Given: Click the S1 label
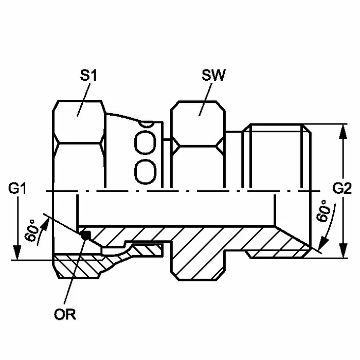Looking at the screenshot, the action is (x=88, y=75).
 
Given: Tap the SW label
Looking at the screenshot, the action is (x=213, y=75).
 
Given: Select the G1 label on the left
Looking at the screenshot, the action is (x=17, y=188).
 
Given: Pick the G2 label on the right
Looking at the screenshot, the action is (x=342, y=188).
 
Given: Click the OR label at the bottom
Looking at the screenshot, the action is (x=65, y=314).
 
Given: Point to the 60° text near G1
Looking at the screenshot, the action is (x=32, y=230).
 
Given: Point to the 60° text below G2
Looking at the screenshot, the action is (x=323, y=211).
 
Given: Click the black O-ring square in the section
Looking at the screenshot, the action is (x=86, y=235).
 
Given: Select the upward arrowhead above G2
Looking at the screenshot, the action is (x=343, y=132).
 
